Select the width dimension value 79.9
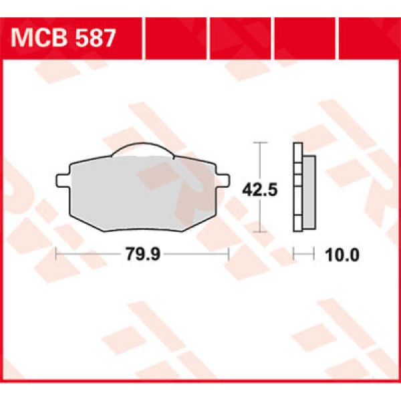pyautogui.click(x=142, y=254)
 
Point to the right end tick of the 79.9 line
pyautogui.click(x=229, y=254)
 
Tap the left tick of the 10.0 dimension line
pyautogui.click(x=295, y=254)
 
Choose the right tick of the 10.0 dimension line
pyautogui.click(x=314, y=254)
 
